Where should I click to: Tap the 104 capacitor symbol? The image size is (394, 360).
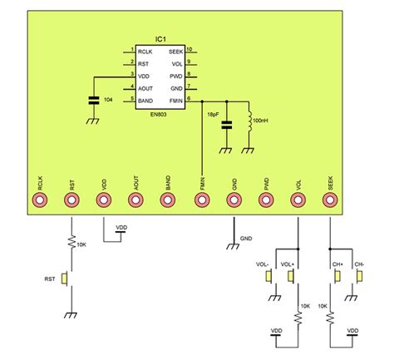[92, 101]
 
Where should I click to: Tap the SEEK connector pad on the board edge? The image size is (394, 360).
[331, 200]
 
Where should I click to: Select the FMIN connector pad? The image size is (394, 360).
[202, 200]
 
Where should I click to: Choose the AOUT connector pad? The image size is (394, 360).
[136, 200]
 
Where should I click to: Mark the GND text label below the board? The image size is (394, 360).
[245, 238]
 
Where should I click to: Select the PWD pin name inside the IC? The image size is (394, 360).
[175, 76]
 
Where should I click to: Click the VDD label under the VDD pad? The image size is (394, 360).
[121, 227]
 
